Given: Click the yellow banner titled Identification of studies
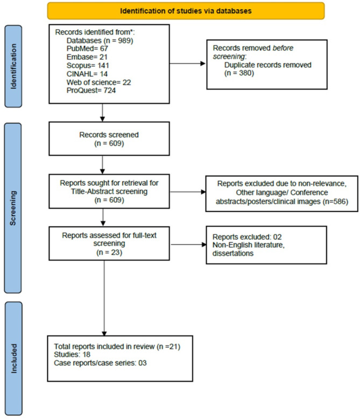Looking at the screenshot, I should coord(186,10).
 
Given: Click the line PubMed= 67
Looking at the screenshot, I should coord(88,48).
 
